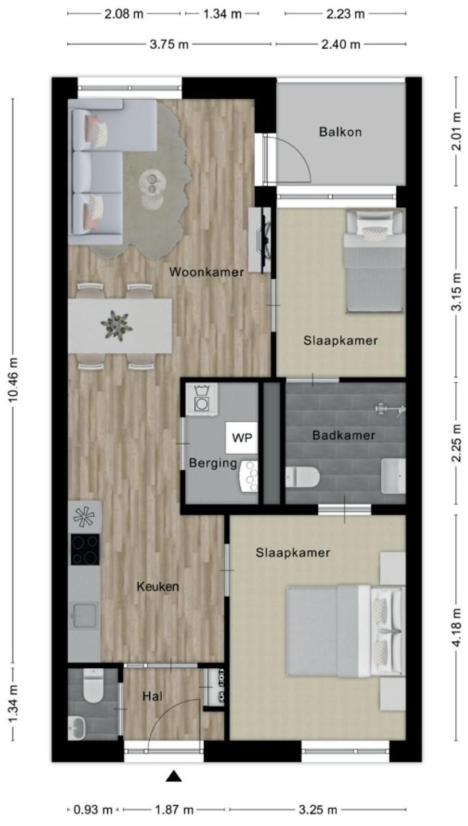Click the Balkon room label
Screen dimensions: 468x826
pyautogui.click(x=340, y=132)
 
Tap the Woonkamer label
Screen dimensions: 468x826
pyautogui.click(x=206, y=272)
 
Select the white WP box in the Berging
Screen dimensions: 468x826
pyautogui.click(x=242, y=438)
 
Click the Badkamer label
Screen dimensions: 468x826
pyautogui.click(x=344, y=435)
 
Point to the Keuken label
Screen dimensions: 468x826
pyautogui.click(x=158, y=586)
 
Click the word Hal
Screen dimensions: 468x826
pyautogui.click(x=153, y=696)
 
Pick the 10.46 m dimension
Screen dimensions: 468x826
pyautogui.click(x=14, y=384)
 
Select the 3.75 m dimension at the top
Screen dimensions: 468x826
pyautogui.click(x=169, y=45)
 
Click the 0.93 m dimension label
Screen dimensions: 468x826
pyautogui.click(x=93, y=810)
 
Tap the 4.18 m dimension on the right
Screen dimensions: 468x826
pyautogui.click(x=457, y=628)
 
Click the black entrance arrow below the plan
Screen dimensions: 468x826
pyautogui.click(x=173, y=777)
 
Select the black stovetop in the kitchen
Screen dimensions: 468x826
pyautogui.click(x=85, y=550)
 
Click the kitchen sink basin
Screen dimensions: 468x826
pyautogui.click(x=85, y=615)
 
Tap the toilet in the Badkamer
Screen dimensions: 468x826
pyautogui.click(x=303, y=477)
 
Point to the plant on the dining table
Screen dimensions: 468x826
pyautogui.click(x=116, y=325)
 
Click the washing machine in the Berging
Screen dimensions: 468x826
pyautogui.click(x=201, y=400)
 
